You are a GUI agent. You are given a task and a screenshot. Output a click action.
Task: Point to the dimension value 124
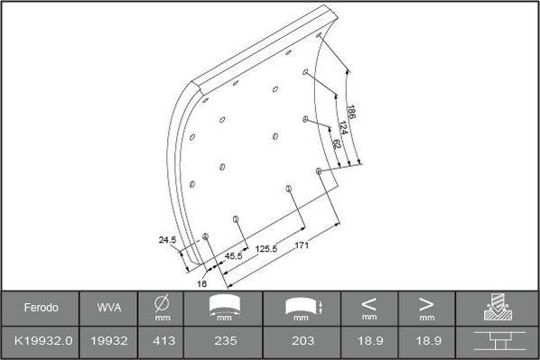point(344,128)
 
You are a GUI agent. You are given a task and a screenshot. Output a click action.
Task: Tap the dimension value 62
point(335,143)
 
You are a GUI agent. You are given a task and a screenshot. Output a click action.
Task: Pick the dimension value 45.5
point(233,256)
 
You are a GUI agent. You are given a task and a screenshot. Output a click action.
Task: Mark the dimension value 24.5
point(167,240)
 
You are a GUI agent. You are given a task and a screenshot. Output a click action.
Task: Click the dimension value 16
point(202,282)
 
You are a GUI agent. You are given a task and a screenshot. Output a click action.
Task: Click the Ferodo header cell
point(41,308)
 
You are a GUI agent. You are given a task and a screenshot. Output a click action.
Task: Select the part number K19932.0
point(41,342)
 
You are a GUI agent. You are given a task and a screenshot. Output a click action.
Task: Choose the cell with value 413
point(163,342)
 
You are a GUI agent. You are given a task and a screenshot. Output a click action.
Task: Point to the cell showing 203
point(303,342)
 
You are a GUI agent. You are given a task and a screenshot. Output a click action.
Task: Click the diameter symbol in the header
point(163,303)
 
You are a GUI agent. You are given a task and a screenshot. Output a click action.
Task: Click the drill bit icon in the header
point(497,308)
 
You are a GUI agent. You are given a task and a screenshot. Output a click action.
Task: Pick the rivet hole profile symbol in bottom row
point(497,342)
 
